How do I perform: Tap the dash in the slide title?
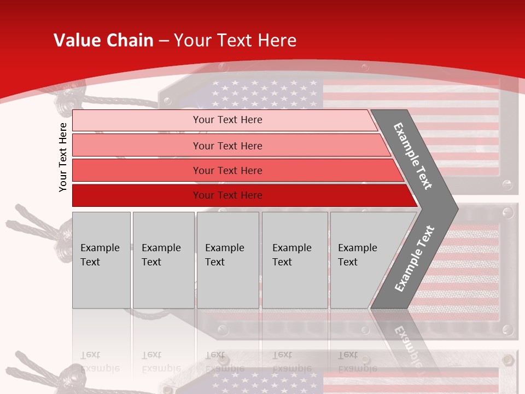[x=164, y=41]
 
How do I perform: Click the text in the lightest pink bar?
[x=227, y=120]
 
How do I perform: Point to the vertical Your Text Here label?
[x=63, y=157]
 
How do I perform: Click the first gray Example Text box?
[x=101, y=260]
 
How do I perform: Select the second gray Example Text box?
[x=164, y=260]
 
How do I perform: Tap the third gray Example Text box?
[x=227, y=260]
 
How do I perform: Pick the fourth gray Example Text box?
[x=295, y=260]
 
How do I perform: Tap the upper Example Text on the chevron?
[x=413, y=155]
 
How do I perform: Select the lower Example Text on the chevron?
[x=414, y=258]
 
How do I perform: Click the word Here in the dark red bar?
[x=251, y=195]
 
